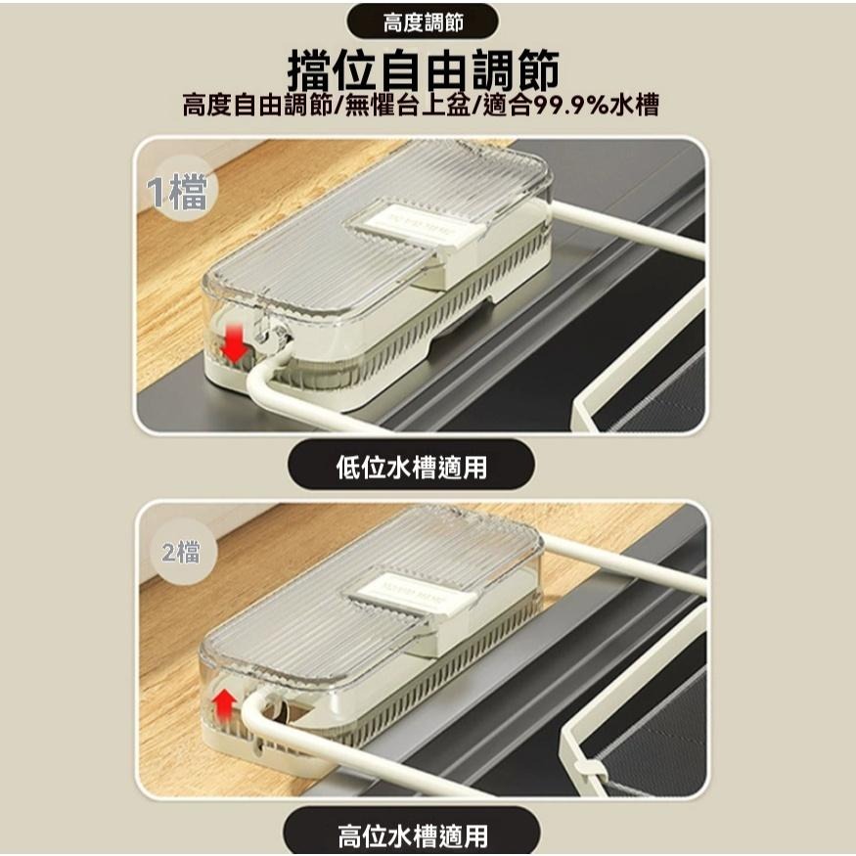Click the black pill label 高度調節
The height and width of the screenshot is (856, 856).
pyautogui.click(x=423, y=22)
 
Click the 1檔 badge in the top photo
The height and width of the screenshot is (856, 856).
pyautogui.click(x=177, y=193)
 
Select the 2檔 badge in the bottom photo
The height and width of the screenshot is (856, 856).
pyautogui.click(x=181, y=553)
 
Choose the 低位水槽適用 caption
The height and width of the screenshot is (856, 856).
pyautogui.click(x=411, y=467)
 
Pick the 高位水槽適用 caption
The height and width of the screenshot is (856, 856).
pyautogui.click(x=412, y=834)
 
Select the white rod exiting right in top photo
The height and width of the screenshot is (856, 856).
pyautogui.click(x=636, y=230)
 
